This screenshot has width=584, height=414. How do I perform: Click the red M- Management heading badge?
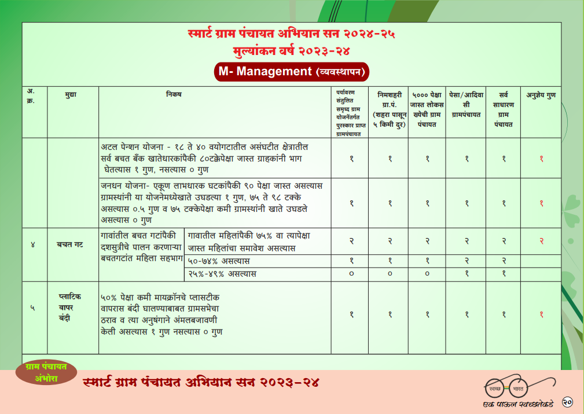(291, 72)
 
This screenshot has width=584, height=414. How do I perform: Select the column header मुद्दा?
(71, 94)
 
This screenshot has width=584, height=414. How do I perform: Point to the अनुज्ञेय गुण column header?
(541, 94)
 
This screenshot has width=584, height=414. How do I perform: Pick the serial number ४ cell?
(33, 245)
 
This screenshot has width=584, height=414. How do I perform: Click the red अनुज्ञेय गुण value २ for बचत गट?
(541, 241)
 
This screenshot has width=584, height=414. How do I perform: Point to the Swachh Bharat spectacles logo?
(509, 386)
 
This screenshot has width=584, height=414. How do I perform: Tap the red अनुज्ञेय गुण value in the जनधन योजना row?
(541, 203)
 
